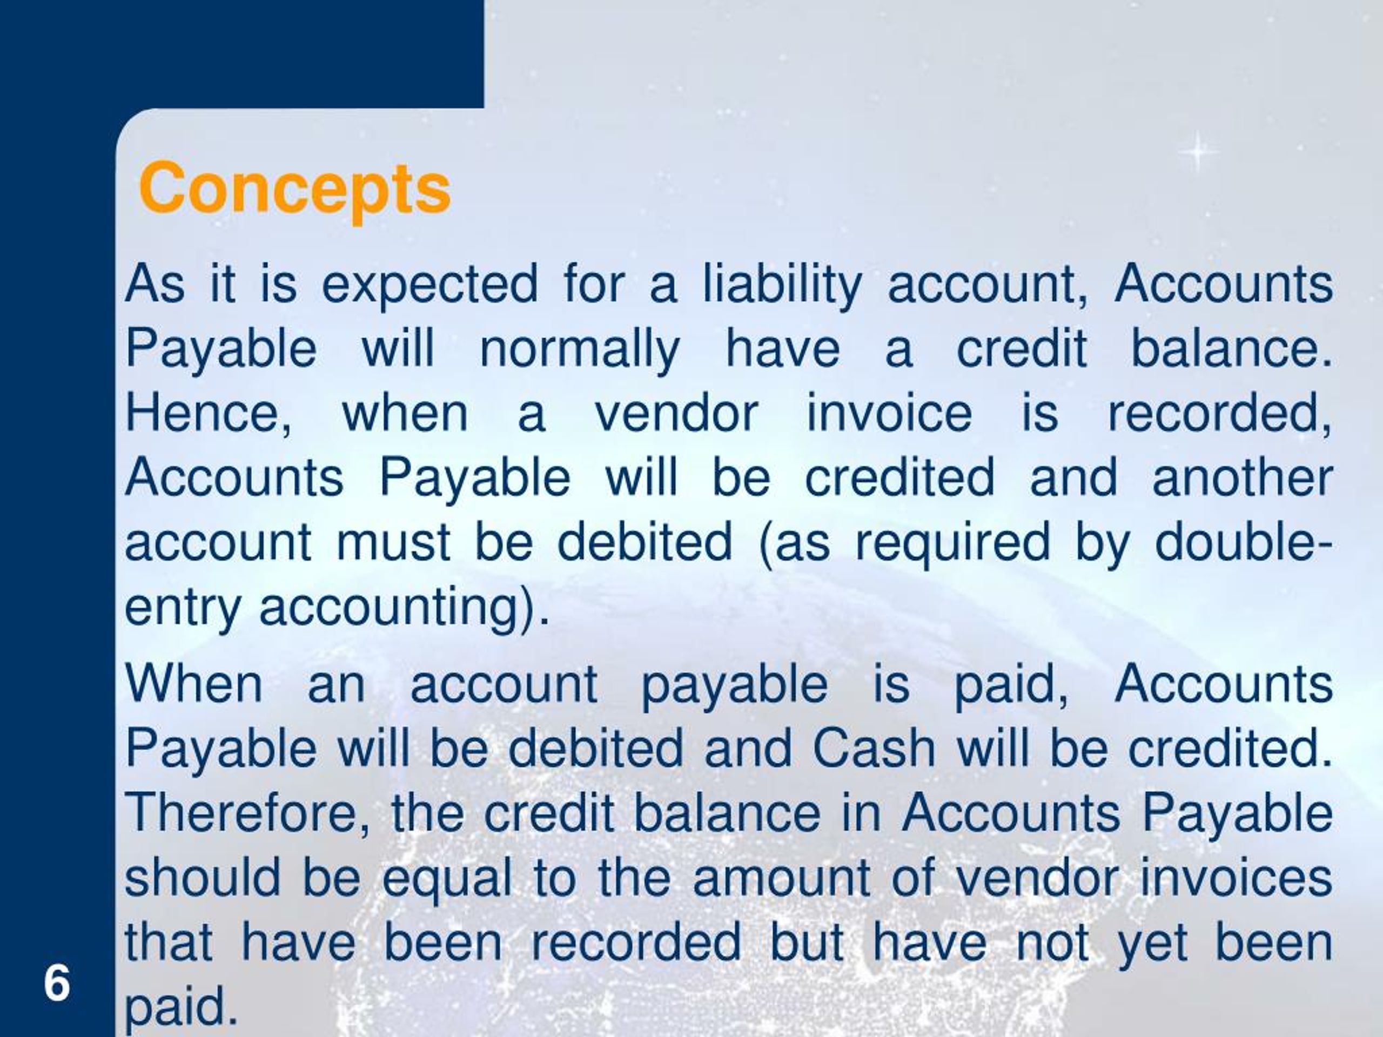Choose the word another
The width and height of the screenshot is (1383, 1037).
pyautogui.click(x=1243, y=478)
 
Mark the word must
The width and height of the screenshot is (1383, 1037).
pyautogui.click(x=393, y=543)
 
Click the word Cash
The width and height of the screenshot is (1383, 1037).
pyautogui.click(x=874, y=748)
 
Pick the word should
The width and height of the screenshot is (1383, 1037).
pyautogui.click(x=203, y=878)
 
